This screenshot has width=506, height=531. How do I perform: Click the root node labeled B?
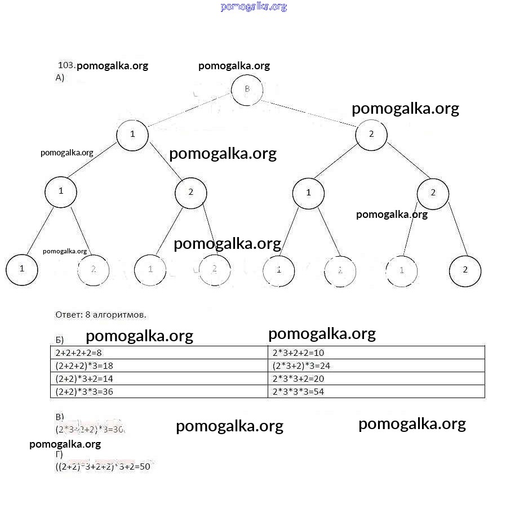point(247,90)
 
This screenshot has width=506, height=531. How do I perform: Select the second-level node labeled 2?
point(371,134)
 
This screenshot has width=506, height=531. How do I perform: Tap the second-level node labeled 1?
point(132,134)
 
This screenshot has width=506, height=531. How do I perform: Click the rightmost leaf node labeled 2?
point(465,270)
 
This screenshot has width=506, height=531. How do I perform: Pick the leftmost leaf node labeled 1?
point(21,269)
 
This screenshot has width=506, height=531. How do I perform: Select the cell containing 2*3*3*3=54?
point(298,392)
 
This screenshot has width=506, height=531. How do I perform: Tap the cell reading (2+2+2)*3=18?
point(85,366)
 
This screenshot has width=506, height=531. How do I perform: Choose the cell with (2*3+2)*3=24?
point(301,366)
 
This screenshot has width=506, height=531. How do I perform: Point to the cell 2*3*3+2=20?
point(298,379)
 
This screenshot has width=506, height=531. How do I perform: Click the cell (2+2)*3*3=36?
point(85,392)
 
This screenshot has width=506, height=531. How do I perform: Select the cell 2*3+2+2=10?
point(298,353)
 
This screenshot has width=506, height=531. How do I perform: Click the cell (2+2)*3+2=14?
point(85,379)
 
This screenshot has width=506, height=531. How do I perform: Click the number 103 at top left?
point(66,65)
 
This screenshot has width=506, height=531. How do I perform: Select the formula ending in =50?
point(103,467)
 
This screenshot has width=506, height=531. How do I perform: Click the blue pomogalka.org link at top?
point(254,7)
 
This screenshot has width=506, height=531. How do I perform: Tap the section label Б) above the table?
point(59,340)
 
